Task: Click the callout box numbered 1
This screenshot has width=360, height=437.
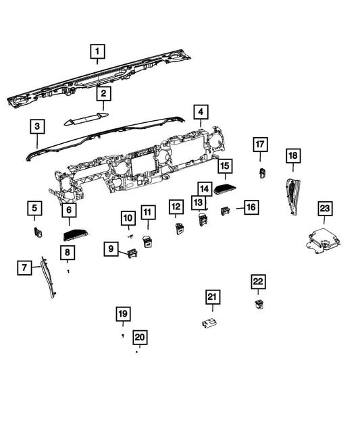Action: point(97,51)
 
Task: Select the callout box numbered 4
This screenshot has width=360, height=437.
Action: point(201,112)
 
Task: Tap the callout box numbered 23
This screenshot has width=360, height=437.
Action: point(325,209)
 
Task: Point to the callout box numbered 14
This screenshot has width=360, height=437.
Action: point(205,189)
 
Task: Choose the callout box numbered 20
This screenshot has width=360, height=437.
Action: point(140,338)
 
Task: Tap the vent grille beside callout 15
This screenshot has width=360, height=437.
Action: point(225,190)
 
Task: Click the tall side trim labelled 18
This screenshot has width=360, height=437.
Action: point(293,197)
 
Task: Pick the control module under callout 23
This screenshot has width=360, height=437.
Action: point(323,241)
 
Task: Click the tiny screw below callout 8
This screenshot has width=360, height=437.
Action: point(68,271)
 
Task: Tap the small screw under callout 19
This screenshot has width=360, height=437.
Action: point(123,336)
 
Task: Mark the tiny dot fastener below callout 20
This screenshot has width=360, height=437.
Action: point(136,352)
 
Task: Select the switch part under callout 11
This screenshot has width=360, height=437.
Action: point(147,242)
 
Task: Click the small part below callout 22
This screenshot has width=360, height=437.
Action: point(259,305)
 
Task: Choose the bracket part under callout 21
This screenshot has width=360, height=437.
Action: point(209,324)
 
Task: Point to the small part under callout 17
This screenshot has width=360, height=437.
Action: point(262,173)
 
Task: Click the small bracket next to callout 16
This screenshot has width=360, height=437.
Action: point(225,211)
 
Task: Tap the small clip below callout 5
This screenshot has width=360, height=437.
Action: point(37,232)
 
